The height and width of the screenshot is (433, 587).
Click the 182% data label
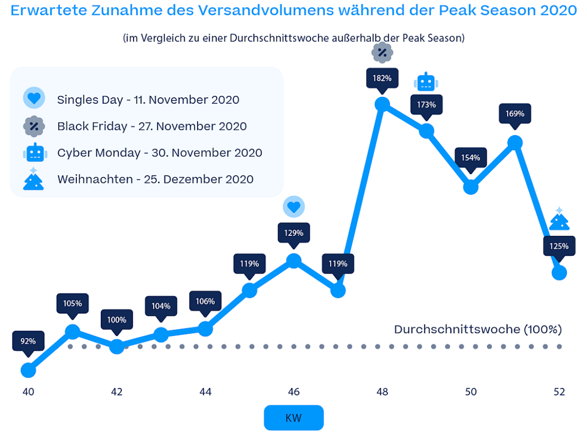click(x=382, y=78)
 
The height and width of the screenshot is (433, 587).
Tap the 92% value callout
click(x=28, y=341)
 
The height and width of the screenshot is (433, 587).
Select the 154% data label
click(x=471, y=158)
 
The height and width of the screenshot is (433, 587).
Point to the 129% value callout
click(x=293, y=233)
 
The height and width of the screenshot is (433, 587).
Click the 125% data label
click(x=559, y=246)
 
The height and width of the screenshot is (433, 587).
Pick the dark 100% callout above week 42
click(x=116, y=320)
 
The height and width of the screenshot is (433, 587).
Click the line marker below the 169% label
click(x=515, y=143)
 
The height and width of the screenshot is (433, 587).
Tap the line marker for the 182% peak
click(x=382, y=104)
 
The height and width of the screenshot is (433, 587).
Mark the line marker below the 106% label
click(x=205, y=329)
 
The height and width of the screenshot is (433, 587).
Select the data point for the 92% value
click(x=28, y=371)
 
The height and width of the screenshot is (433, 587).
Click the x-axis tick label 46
click(x=293, y=392)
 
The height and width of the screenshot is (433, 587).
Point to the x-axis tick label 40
click(x=28, y=392)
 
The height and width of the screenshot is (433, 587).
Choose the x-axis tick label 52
click(x=559, y=392)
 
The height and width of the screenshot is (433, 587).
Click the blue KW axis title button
click(x=293, y=417)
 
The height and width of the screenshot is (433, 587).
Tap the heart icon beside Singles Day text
click(x=34, y=98)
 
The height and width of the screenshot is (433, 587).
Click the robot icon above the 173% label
click(x=426, y=81)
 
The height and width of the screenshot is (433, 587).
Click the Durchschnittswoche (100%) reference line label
click(x=478, y=329)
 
